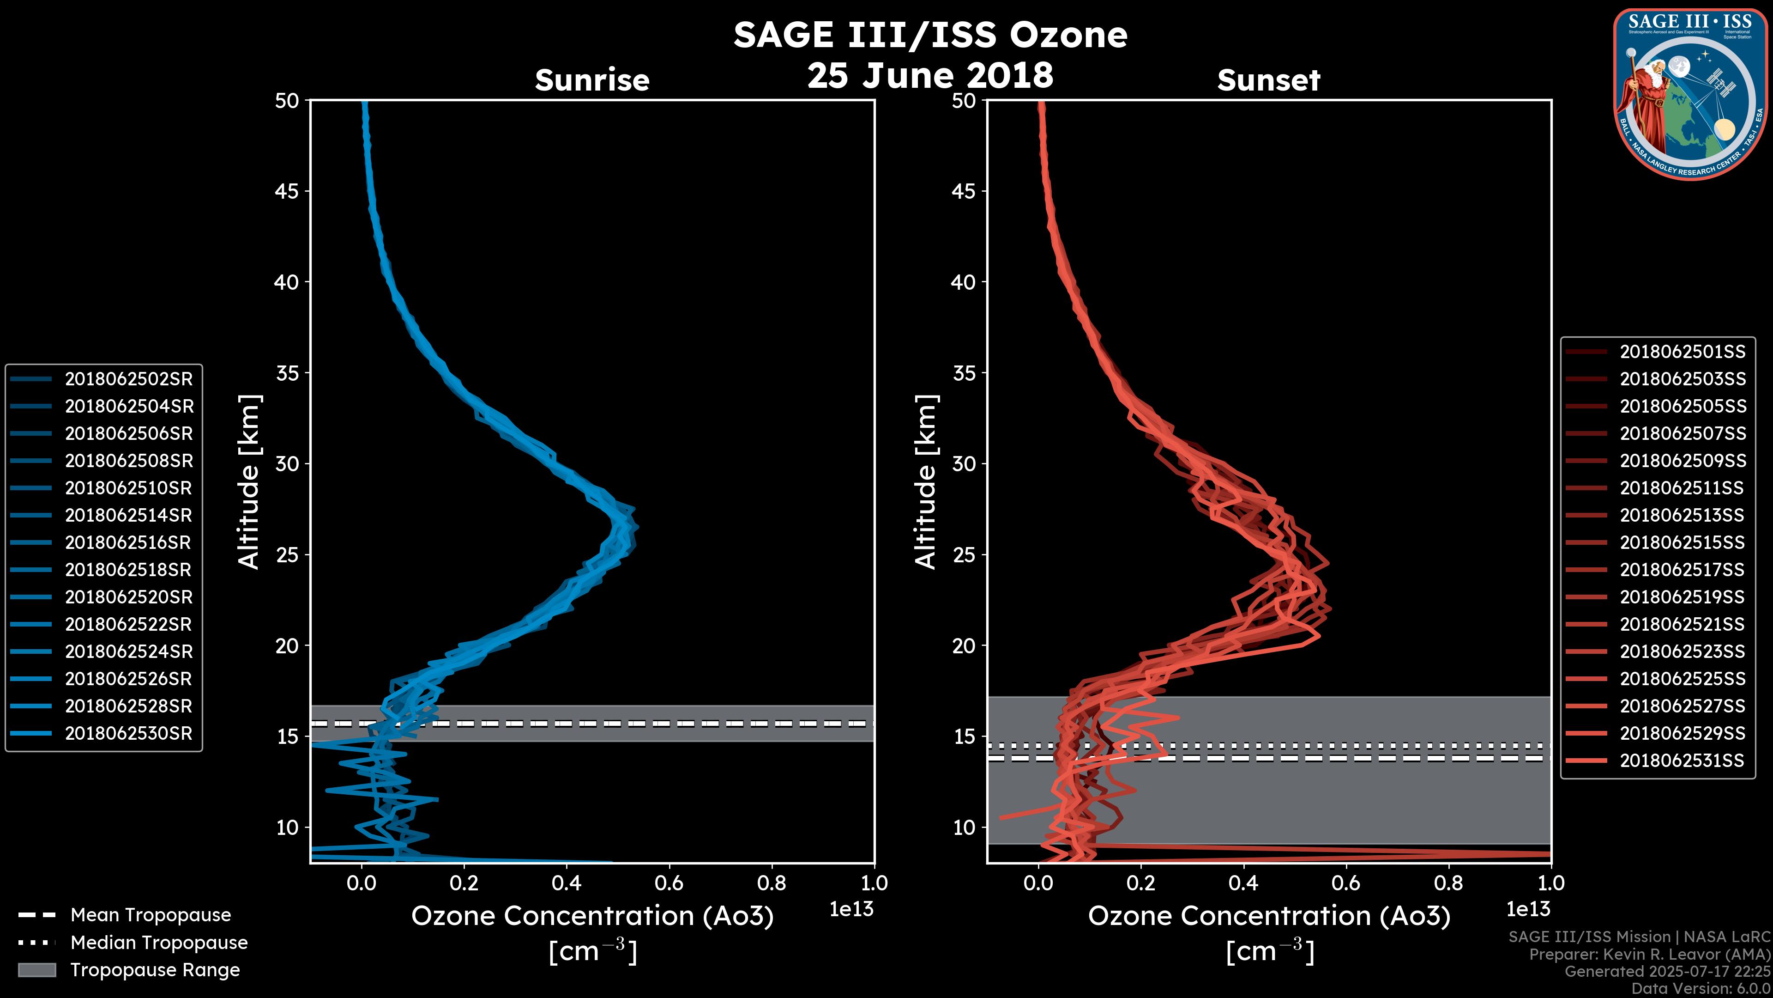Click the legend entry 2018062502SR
coord(129,379)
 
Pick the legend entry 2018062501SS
coord(1682,352)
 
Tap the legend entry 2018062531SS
coord(1682,761)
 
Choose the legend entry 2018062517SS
coord(1682,570)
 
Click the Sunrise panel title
coord(592,80)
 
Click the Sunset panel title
coord(1268,80)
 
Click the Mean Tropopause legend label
coord(150,915)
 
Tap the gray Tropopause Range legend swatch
coord(36,970)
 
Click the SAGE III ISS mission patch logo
coord(1690,94)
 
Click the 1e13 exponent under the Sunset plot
coord(1528,909)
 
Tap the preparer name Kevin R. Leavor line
coord(1649,955)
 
